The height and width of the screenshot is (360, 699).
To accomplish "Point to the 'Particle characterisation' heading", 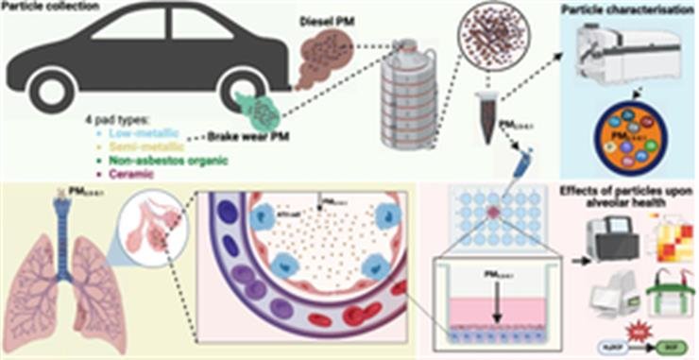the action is (634, 11).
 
